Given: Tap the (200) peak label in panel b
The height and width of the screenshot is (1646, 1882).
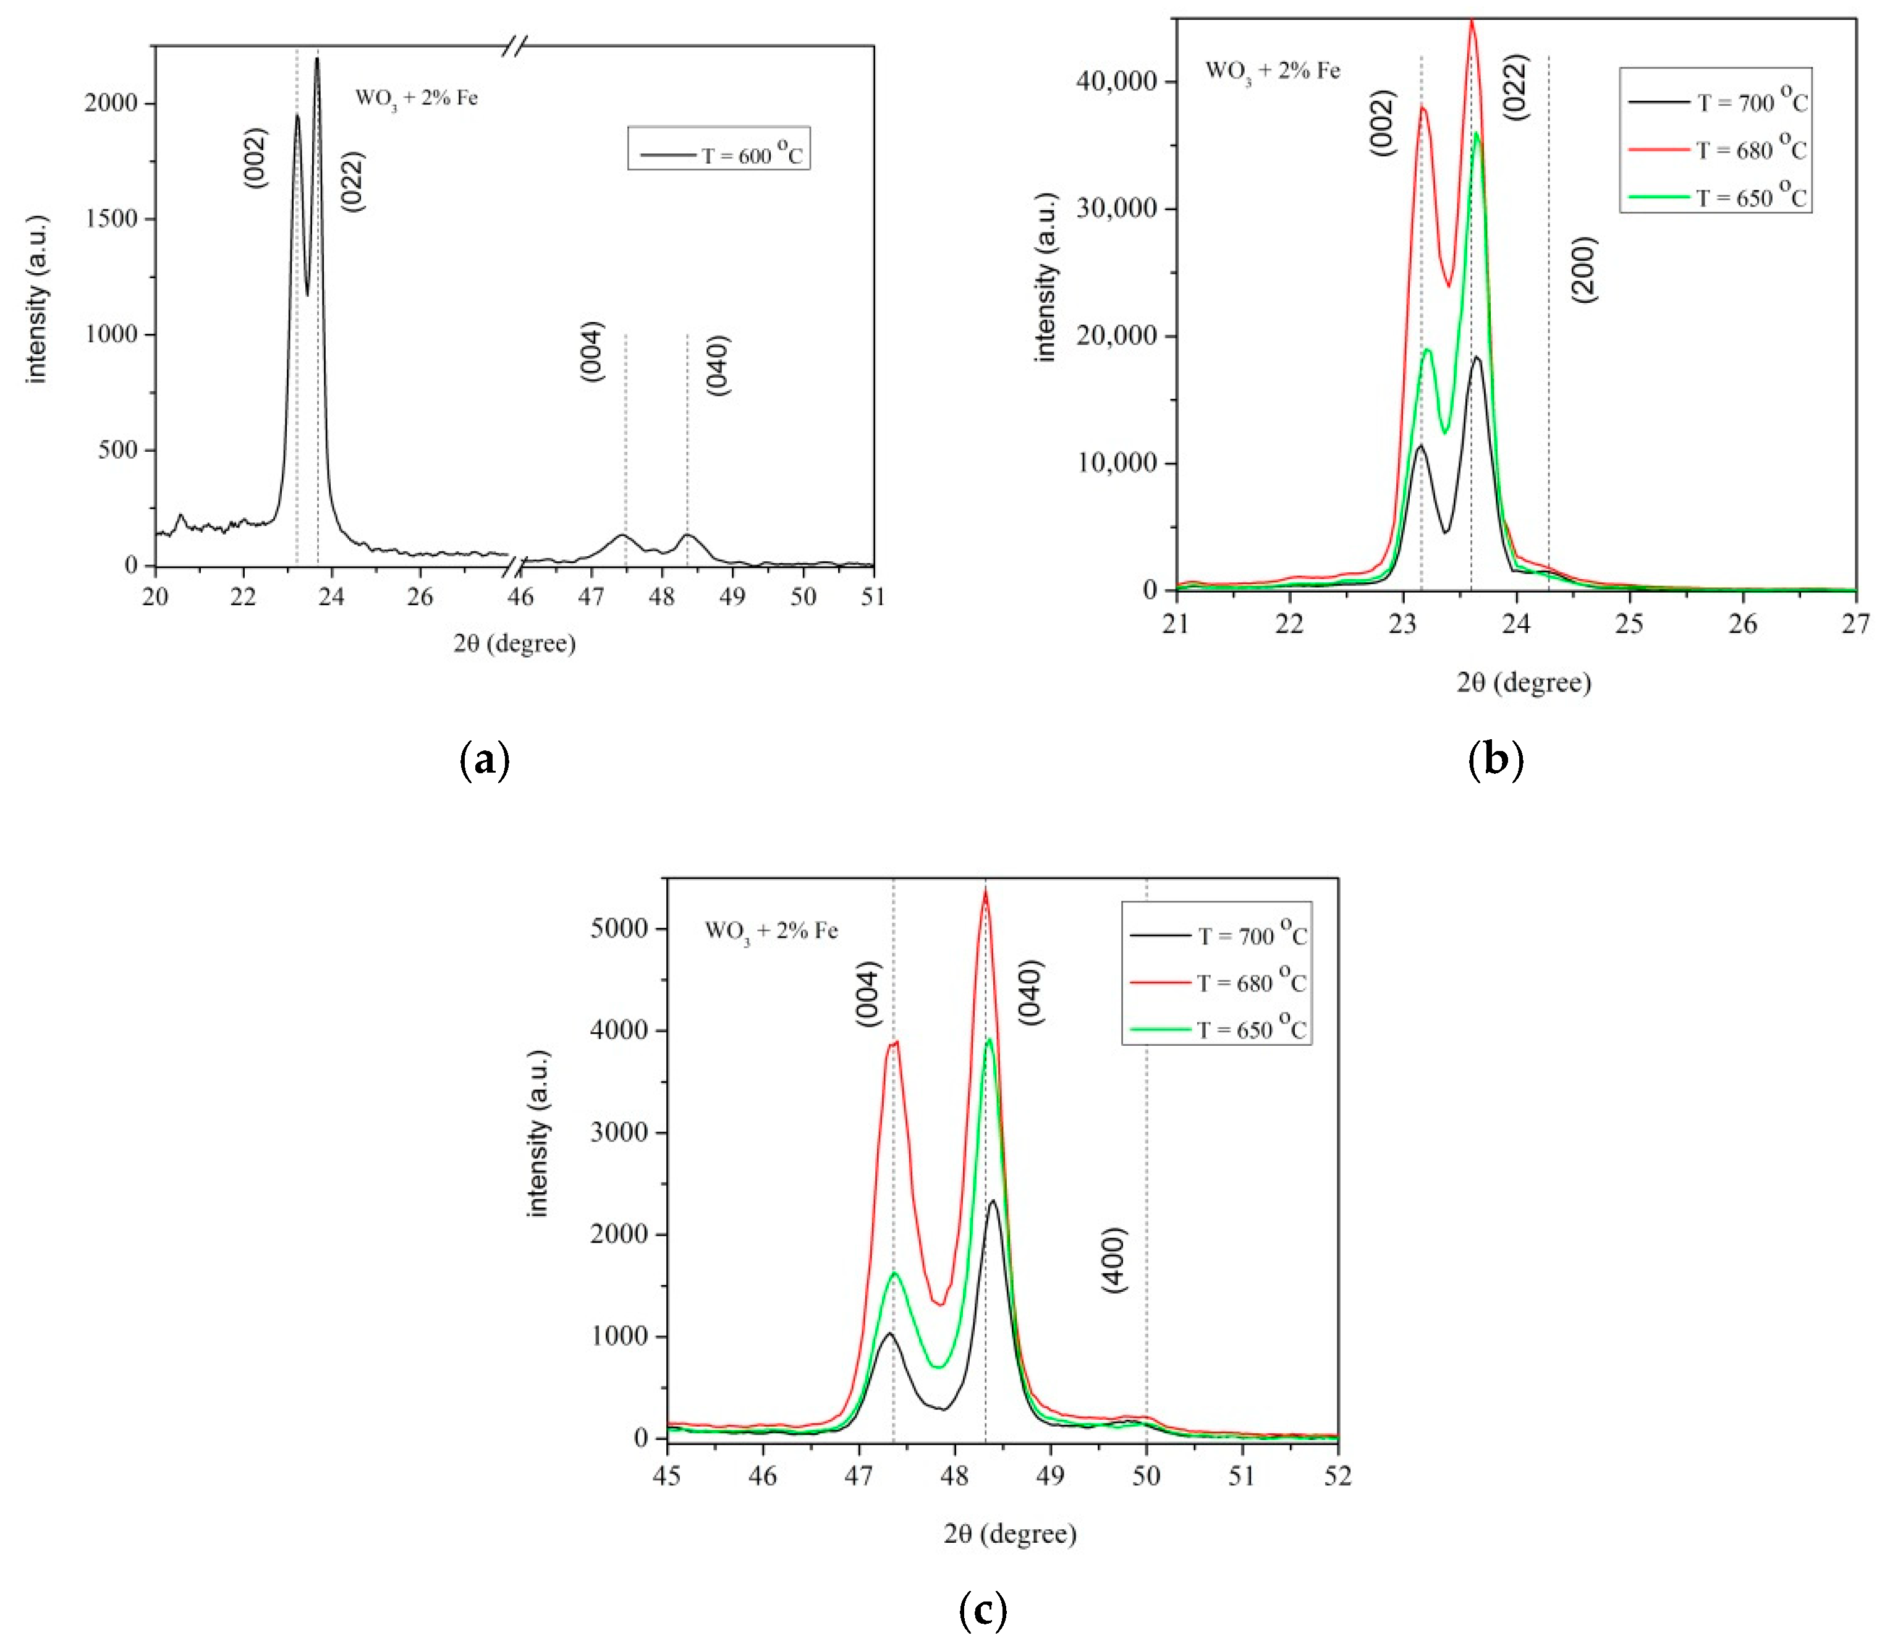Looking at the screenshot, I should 1583,269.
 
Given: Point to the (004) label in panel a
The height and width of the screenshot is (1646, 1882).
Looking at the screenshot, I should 593,352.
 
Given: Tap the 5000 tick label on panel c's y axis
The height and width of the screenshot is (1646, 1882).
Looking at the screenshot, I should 619,928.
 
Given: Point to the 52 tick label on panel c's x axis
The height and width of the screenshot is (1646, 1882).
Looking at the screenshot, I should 1337,1476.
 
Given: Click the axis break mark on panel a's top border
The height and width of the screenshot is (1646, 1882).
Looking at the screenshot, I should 515,46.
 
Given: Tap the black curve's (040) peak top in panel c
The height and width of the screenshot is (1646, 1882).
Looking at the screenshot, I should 992,1200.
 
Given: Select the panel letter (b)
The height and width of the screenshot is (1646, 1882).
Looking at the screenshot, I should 1495,760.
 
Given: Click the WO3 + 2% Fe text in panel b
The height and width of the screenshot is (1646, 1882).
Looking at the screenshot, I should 1272,70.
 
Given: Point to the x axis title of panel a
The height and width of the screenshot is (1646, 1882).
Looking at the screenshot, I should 514,643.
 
